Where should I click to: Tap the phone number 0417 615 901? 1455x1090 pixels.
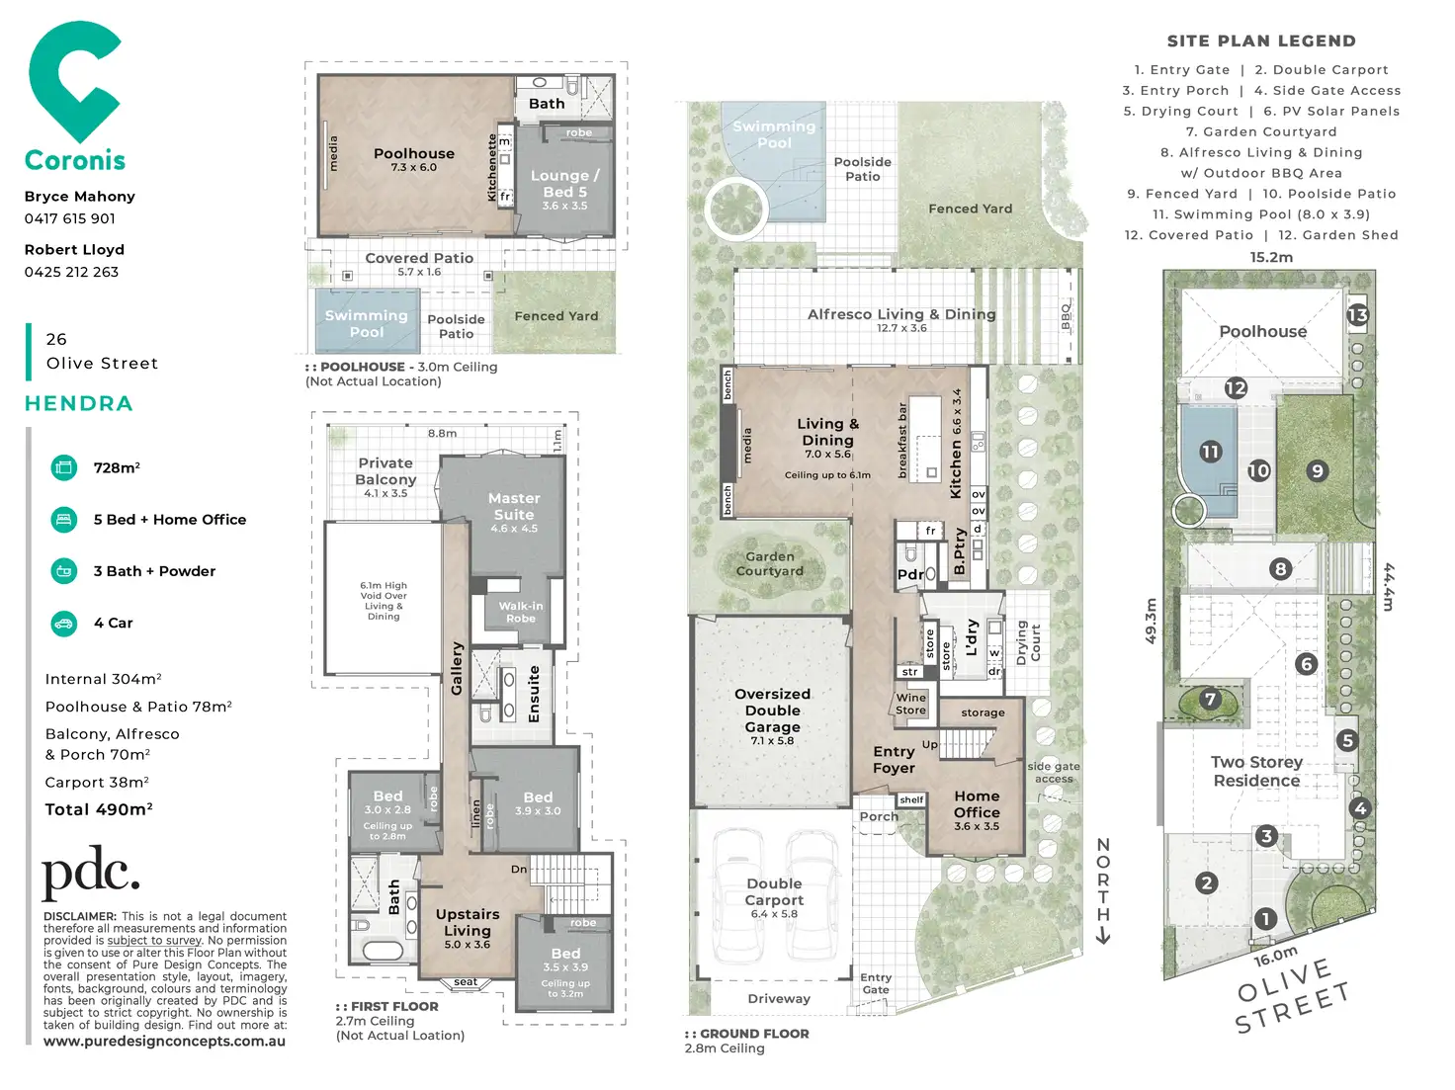click(x=70, y=218)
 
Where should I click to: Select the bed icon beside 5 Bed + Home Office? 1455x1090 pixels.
click(x=64, y=519)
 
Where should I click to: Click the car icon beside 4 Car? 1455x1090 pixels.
click(x=64, y=623)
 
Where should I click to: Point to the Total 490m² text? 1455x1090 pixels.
click(x=99, y=809)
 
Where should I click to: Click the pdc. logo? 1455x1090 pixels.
click(x=90, y=873)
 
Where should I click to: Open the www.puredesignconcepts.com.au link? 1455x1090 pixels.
click(x=164, y=1042)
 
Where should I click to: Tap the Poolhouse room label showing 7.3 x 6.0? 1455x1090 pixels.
click(x=414, y=159)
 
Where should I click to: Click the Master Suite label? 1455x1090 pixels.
click(x=514, y=507)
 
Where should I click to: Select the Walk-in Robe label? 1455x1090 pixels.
click(x=521, y=612)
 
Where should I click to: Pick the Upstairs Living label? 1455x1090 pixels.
click(x=468, y=922)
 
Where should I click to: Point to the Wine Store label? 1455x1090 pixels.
click(x=910, y=704)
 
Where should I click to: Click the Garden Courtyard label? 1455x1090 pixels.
click(x=770, y=563)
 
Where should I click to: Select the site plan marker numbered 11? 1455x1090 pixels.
click(x=1211, y=452)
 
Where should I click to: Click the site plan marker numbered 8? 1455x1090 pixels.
click(x=1280, y=568)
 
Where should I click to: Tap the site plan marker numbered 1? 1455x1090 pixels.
click(x=1265, y=919)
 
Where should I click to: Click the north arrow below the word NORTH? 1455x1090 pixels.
click(x=1103, y=934)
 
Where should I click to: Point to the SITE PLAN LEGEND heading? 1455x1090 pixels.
click(x=1261, y=42)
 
